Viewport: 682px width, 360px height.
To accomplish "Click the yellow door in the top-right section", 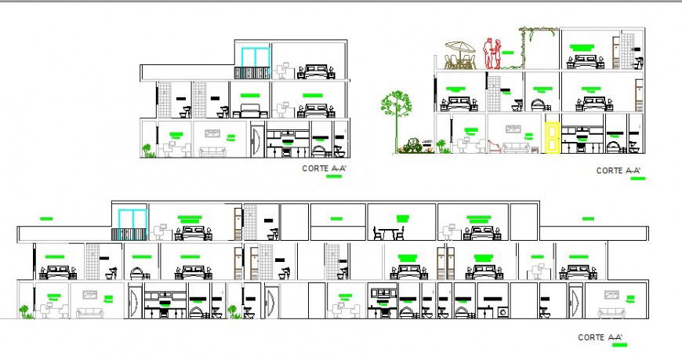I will click(552, 137).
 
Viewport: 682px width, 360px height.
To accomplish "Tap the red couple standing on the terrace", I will click(493, 54).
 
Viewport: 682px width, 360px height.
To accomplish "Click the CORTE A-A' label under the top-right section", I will click(619, 170).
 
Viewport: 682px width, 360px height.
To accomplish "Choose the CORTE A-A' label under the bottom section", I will click(600, 337).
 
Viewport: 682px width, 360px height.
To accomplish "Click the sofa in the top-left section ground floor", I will click(212, 151).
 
